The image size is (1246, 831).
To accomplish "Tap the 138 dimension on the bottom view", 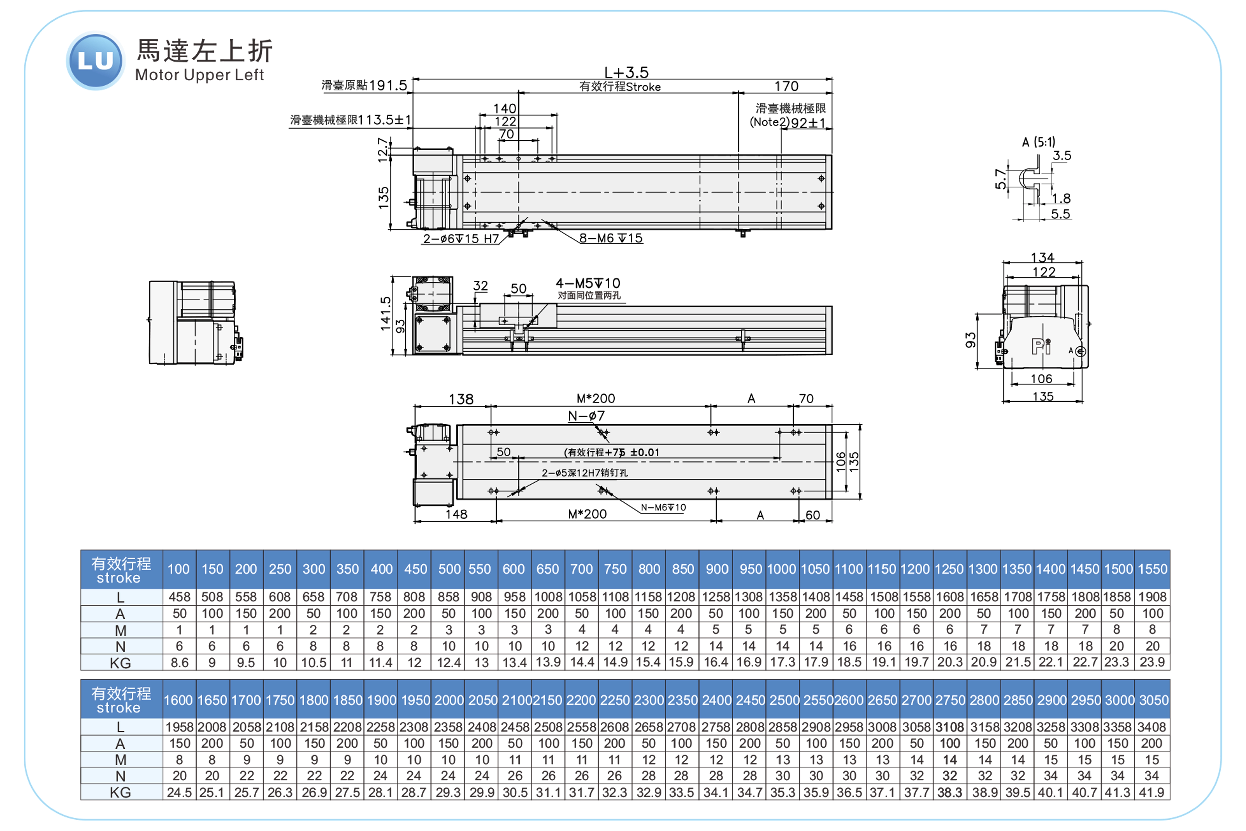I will click(x=461, y=399).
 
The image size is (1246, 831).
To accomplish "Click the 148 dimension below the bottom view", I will click(x=456, y=514).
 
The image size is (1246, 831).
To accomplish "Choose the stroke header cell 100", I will click(x=179, y=569).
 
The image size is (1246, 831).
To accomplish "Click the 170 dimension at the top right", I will click(x=786, y=86).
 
